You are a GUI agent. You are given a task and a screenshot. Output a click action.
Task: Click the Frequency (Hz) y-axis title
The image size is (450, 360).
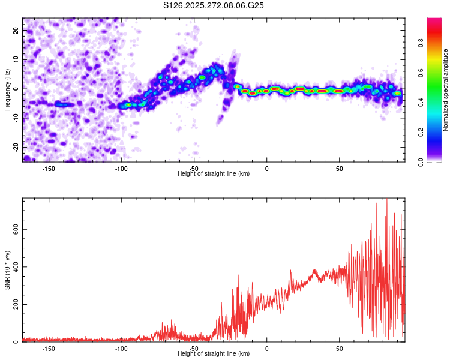7,90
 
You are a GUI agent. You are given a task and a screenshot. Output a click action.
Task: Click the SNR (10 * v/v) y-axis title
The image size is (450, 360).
7,270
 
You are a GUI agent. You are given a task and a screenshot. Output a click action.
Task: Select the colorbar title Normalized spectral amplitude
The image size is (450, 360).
446,90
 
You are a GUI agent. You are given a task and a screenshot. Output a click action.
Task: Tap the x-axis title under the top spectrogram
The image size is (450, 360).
214,173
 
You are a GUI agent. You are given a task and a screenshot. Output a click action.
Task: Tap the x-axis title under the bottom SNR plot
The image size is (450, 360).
214,353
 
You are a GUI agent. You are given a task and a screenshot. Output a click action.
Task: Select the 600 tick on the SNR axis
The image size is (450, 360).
14,229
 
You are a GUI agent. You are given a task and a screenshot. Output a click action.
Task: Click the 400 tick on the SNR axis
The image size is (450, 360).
14,267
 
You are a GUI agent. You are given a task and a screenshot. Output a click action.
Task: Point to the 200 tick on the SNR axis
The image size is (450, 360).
14,305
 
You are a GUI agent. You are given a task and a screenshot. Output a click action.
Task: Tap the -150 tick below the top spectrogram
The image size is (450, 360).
49,168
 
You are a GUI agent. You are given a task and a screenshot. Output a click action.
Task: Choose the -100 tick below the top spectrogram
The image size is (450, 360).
121,168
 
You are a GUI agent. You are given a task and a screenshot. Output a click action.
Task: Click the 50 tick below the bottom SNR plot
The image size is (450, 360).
339,348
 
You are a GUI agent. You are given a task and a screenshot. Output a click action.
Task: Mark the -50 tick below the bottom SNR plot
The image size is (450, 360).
194,348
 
